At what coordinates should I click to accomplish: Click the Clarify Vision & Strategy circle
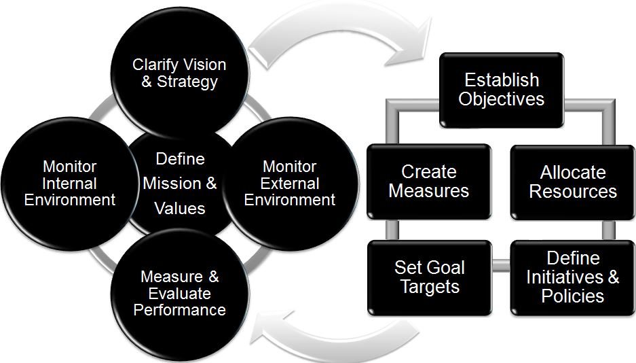(x=179, y=73)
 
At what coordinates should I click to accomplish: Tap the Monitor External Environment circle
(x=290, y=183)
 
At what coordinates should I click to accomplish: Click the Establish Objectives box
(x=501, y=89)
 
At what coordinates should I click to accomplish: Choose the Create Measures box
(x=428, y=181)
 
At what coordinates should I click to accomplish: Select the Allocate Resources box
(x=573, y=181)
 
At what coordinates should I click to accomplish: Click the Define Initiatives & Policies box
(x=573, y=277)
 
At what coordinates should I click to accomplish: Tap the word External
(x=290, y=183)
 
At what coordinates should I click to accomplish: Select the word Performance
(x=180, y=311)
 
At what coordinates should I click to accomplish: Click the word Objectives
(x=501, y=99)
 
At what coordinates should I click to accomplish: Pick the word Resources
(x=573, y=191)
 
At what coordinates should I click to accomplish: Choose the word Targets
(x=430, y=286)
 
